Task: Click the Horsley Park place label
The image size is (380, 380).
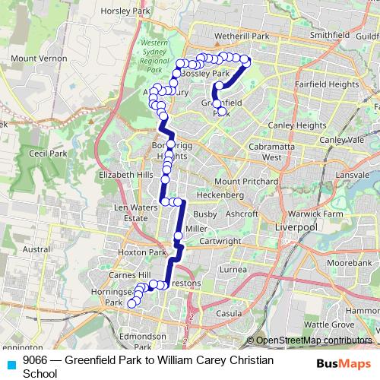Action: [131, 11]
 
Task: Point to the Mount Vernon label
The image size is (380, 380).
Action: [36, 59]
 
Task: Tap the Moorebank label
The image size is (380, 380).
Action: [350, 261]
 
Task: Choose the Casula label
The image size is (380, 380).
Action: [229, 313]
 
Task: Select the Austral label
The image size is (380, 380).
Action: [37, 249]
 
